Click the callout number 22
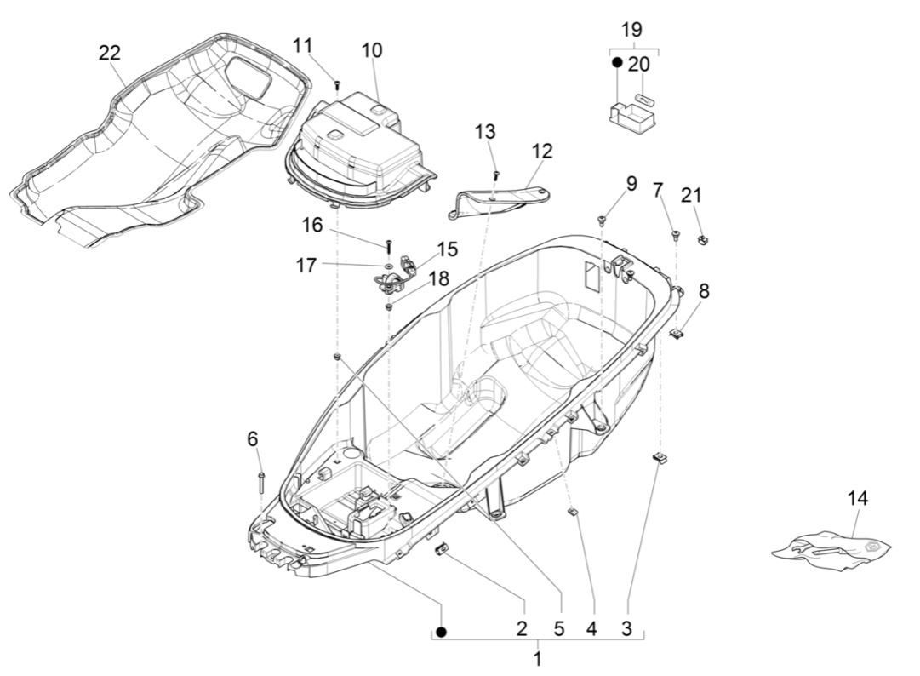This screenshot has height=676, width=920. point(109,53)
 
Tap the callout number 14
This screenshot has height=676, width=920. point(858,499)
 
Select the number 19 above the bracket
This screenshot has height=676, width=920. point(631,30)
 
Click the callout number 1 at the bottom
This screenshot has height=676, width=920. point(537,658)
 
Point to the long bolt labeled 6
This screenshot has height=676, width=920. point(261,483)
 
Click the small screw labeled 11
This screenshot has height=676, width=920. point(337,83)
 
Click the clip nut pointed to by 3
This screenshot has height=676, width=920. point(659,460)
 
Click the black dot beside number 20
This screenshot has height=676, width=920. point(617,63)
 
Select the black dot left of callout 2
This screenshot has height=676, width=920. point(441,632)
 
